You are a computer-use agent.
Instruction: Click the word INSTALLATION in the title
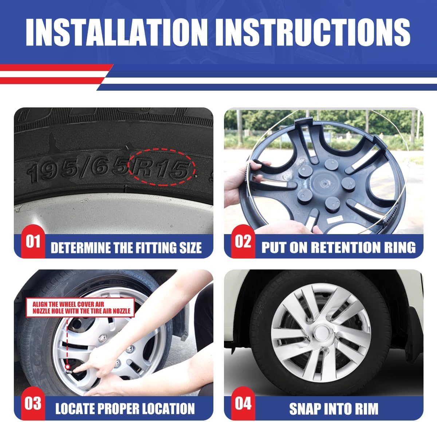pos(117,32)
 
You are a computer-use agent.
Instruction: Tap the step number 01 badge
pos(33,241)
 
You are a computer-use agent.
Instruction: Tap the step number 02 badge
pos(243,241)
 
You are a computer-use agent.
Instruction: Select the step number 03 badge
pos(33,403)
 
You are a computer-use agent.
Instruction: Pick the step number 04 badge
pos(243,403)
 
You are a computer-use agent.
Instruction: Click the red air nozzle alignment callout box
pos(80,307)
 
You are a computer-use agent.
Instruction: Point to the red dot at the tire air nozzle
pos(67,367)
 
